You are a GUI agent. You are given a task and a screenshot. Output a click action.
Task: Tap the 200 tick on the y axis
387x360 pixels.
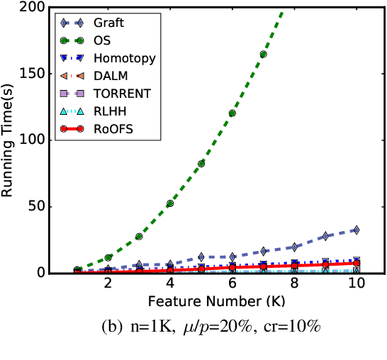33,8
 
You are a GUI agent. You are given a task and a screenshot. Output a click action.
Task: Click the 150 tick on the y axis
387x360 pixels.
33,74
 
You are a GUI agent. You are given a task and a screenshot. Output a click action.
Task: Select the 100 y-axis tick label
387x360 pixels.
33,140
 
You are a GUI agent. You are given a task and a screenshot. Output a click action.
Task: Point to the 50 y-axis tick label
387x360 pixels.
37,207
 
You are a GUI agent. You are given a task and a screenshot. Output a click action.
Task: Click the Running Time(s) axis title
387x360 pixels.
10,140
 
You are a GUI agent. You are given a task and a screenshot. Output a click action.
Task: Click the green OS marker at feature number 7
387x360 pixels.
263,55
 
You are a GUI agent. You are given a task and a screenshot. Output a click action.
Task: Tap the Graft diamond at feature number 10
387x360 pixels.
356,230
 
